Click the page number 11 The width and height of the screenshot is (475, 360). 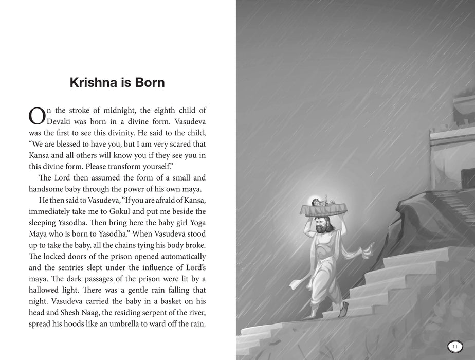tap(454, 346)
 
